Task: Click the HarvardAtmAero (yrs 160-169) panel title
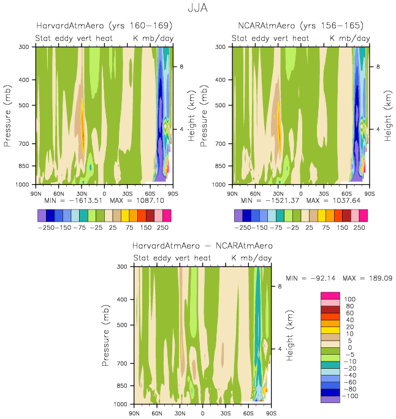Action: [104, 26]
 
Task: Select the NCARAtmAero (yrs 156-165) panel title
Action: [300, 26]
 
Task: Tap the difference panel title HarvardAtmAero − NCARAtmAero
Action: [202, 246]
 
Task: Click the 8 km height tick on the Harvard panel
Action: [181, 66]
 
